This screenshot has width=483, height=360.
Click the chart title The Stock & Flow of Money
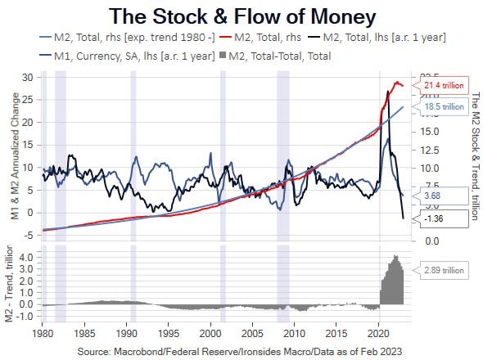point(242,16)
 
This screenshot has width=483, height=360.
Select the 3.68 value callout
point(435,196)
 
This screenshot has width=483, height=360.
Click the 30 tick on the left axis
point(27,78)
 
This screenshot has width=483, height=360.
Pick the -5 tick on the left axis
point(27,235)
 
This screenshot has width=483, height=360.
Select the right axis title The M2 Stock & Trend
point(476,151)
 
